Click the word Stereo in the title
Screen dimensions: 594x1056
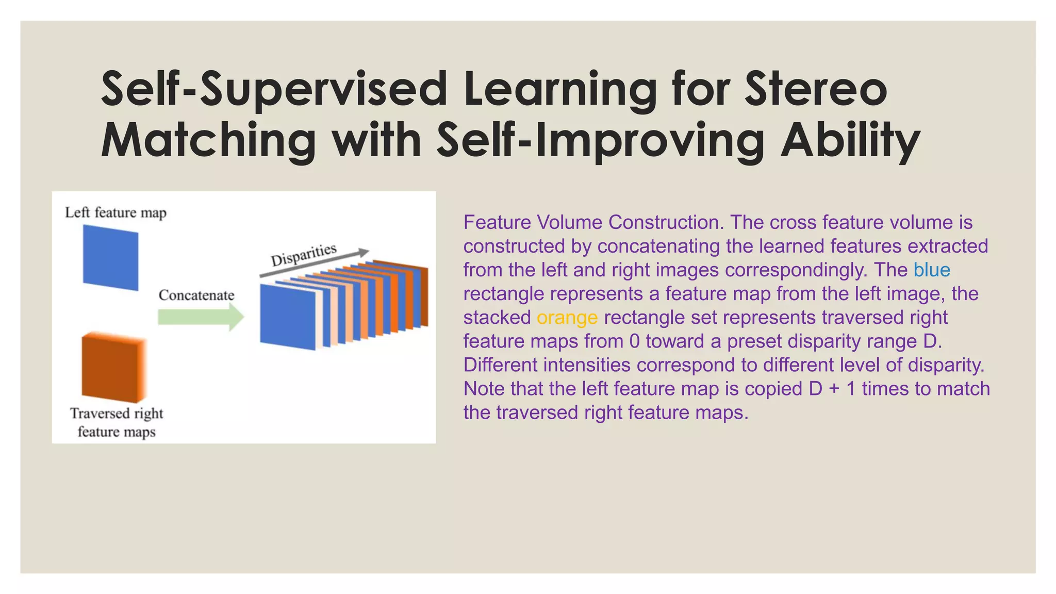tap(816, 89)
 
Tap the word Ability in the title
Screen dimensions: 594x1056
tap(850, 140)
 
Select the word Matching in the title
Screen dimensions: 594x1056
tap(208, 140)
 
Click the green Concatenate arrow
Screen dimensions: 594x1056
tap(200, 317)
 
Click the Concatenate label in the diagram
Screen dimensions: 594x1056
tap(196, 295)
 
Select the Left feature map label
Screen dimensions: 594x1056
tap(115, 212)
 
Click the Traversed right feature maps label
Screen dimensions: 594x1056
tap(117, 422)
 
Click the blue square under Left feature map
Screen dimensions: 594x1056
tap(110, 257)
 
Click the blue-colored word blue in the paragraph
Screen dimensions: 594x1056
tap(931, 270)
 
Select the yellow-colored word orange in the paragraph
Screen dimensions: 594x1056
tap(567, 318)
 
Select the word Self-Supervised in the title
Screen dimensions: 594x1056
tap(273, 89)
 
